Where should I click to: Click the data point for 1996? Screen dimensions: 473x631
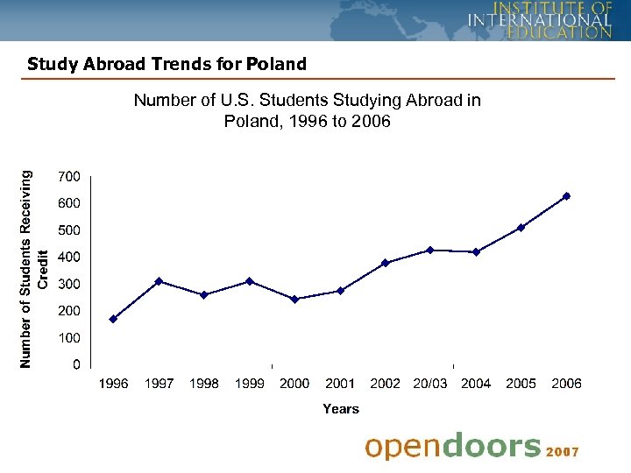pos(113,319)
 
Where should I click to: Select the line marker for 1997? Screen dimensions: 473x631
pos(159,281)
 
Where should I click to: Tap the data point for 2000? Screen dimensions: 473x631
pos(294,299)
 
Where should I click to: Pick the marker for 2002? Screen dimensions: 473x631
pos(385,263)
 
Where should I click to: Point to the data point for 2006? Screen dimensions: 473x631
pos(566,196)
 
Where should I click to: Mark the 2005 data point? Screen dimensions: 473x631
pos(521,228)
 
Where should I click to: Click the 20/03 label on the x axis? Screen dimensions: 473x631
pos(430,384)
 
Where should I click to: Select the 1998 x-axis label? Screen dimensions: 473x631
pos(203,384)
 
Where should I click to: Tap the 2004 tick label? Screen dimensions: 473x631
pos(476,384)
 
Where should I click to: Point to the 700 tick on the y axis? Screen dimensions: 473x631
pos(68,176)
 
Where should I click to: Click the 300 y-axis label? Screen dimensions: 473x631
pos(68,284)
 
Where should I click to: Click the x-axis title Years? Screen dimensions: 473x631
pos(341,409)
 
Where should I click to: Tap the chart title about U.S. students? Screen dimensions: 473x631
pos(308,110)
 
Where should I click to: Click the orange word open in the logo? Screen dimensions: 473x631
pos(402,447)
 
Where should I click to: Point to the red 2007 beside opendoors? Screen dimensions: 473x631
pos(562,452)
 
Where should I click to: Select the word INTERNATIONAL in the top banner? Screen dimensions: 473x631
pos(539,20)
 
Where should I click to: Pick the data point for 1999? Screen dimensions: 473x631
pos(249,281)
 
